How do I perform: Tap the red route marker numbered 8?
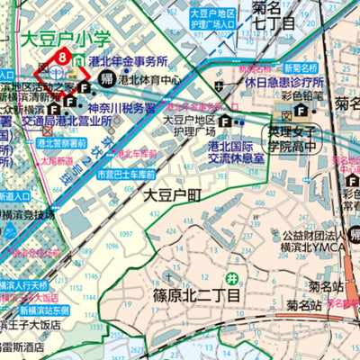point(60,58)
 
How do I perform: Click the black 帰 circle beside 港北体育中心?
point(108,79)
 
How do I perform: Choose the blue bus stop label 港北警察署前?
point(62,142)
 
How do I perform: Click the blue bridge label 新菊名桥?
point(304,68)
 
